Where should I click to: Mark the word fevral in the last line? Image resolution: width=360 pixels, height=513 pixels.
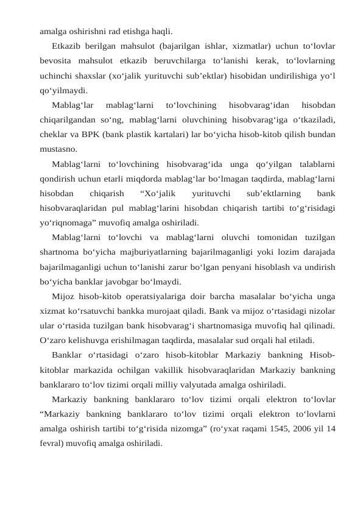(52, 443)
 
